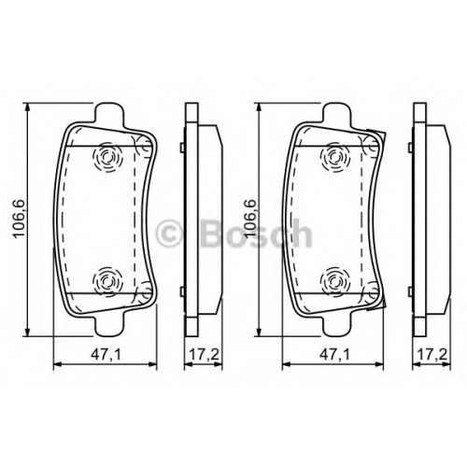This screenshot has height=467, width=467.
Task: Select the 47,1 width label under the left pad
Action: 106,355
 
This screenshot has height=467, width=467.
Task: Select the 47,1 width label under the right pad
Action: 334,355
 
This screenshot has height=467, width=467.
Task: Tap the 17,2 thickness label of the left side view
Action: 204,355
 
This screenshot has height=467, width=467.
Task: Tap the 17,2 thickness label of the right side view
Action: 432,355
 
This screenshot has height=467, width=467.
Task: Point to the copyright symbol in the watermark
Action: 168,233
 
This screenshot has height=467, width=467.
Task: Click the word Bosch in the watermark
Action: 256,233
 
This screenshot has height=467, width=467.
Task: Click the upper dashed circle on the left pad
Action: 107,157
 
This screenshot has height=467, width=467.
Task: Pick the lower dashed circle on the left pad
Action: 107,281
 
